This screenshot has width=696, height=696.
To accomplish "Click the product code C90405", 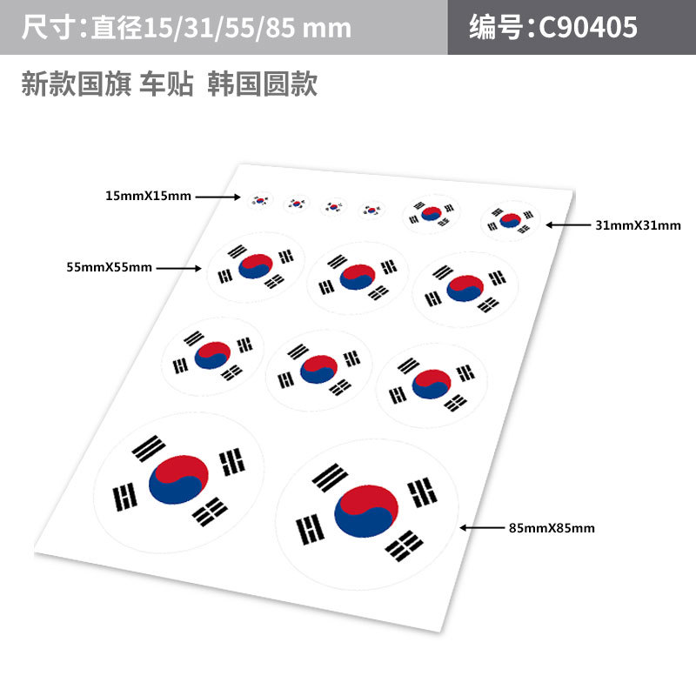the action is tap(589, 28).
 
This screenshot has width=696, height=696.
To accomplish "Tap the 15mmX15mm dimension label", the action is tap(147, 197).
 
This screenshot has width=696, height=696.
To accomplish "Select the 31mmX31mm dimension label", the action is tap(638, 225).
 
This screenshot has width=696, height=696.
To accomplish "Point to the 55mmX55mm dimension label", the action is tap(109, 268).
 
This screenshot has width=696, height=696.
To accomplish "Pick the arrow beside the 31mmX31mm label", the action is tap(568, 224).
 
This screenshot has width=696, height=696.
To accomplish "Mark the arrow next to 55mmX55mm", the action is tap(178, 268).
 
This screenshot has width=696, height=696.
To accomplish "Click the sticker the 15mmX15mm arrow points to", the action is tap(259, 200).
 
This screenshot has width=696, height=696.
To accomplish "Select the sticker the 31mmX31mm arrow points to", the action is tap(511, 220).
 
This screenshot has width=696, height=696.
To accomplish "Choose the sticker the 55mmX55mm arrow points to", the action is tap(255, 266).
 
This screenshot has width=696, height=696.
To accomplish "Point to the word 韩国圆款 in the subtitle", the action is tap(262, 84).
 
